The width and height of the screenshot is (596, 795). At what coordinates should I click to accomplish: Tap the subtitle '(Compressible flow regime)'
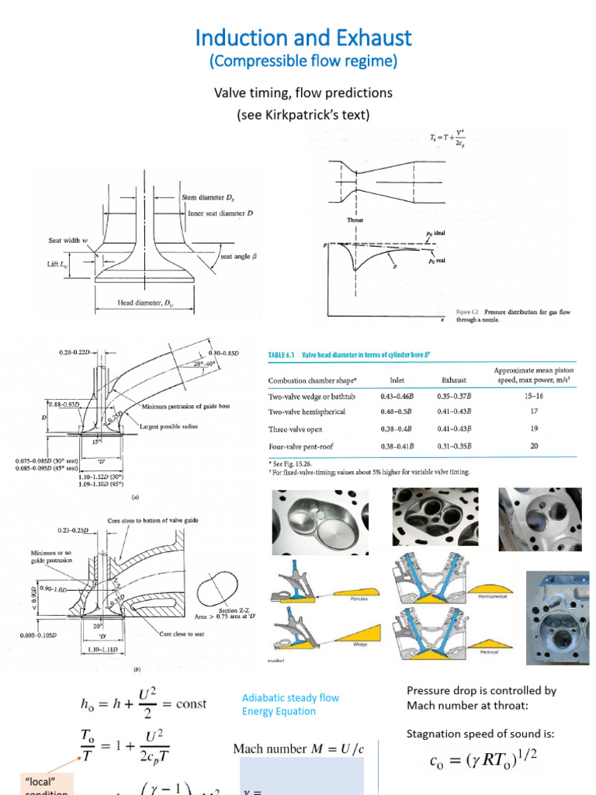303,61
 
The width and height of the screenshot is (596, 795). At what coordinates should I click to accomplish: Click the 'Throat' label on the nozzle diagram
355,220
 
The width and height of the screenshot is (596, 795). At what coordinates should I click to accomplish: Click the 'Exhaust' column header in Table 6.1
431,380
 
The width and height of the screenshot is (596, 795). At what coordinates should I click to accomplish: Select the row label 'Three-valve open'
295,429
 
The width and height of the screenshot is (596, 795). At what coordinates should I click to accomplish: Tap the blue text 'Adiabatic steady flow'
290,697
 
